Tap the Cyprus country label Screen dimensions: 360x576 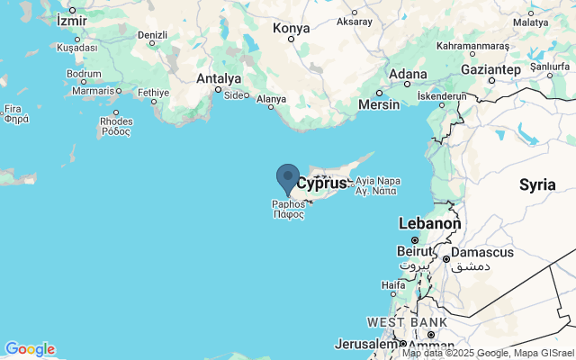pos(321,184)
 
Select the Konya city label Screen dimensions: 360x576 pos(291,29)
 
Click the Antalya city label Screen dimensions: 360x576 pos(219,78)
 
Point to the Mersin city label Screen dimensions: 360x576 pos(378,103)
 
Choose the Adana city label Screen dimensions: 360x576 pos(407,74)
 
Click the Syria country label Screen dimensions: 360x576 pos(537,184)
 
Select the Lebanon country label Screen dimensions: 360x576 pos(429,223)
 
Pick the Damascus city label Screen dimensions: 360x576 pos(481,252)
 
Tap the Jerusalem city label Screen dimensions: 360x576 pos(364,344)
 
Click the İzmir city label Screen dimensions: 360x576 pos(73,19)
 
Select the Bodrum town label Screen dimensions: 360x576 pos(84,74)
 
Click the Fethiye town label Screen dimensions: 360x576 pos(153,92)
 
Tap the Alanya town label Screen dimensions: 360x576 pos(271,99)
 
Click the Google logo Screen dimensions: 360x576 pos(30,349)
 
